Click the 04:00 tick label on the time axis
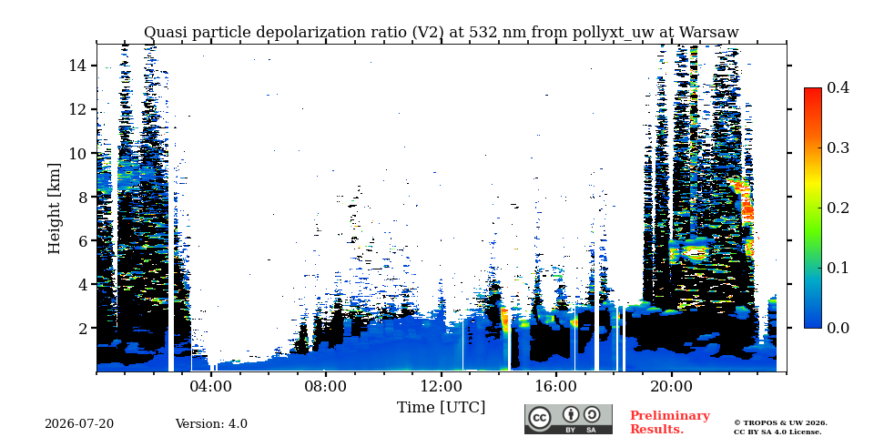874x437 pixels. (x=211, y=386)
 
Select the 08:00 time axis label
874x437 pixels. (x=327, y=386)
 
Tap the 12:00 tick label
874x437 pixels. (x=442, y=386)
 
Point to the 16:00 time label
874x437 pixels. (x=556, y=386)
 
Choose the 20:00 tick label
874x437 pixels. (x=672, y=386)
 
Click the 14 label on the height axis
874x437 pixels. (x=78, y=66)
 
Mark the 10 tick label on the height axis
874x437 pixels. (x=78, y=153)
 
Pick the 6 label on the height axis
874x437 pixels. (x=83, y=240)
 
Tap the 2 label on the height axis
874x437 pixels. (x=83, y=328)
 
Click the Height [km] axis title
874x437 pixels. (x=54, y=208)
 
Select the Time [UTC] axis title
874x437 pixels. (x=441, y=408)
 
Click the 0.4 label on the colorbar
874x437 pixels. (x=838, y=87)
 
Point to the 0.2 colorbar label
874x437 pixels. (x=838, y=208)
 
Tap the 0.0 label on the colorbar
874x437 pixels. (x=838, y=328)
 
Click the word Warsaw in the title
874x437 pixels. (x=711, y=33)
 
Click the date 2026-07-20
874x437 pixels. (x=79, y=424)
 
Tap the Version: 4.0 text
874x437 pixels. (x=211, y=424)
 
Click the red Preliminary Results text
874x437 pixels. (x=670, y=422)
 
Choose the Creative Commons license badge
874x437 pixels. (x=568, y=419)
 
